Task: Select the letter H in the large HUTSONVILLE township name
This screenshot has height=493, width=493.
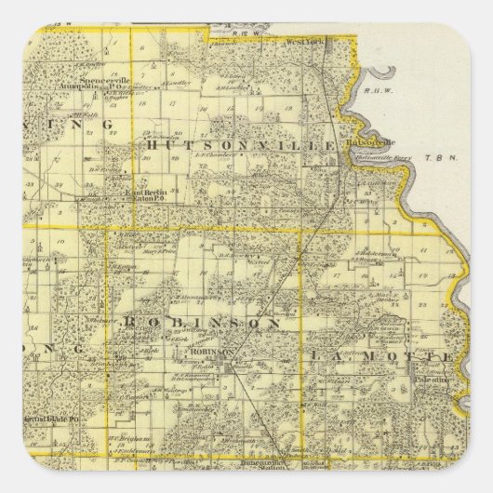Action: click(151, 147)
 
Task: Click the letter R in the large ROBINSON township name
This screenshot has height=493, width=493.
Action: click(125, 322)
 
